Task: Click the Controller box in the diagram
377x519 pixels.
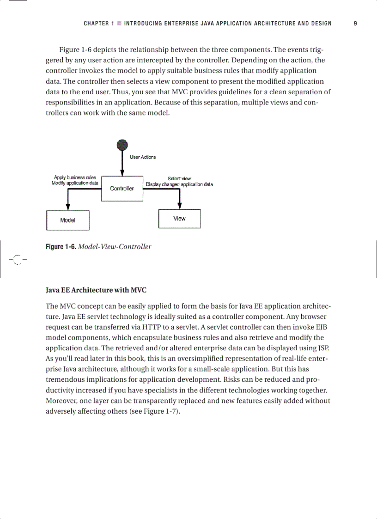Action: pyautogui.click(x=122, y=188)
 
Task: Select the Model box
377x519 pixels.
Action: pyautogui.click(x=67, y=220)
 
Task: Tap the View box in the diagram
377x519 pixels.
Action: pyautogui.click(x=179, y=219)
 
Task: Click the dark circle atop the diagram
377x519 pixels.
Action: pyautogui.click(x=122, y=144)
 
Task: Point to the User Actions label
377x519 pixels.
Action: pyautogui.click(x=143, y=157)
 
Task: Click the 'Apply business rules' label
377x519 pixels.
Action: pyautogui.click(x=75, y=177)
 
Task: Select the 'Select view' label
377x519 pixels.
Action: pyautogui.click(x=179, y=178)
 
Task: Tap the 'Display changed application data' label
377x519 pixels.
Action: pyautogui.click(x=179, y=184)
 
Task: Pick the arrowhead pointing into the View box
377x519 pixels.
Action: pyautogui.click(x=179, y=206)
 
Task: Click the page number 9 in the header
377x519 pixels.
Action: pyautogui.click(x=355, y=24)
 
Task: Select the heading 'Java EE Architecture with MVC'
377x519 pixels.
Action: pyautogui.click(x=96, y=290)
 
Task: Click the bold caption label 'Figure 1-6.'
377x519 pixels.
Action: pyautogui.click(x=61, y=247)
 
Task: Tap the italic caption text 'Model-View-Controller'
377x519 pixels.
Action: pyautogui.click(x=115, y=247)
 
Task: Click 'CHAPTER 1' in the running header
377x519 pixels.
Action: pyautogui.click(x=98, y=24)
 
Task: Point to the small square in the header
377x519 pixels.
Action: pyautogui.click(x=119, y=24)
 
